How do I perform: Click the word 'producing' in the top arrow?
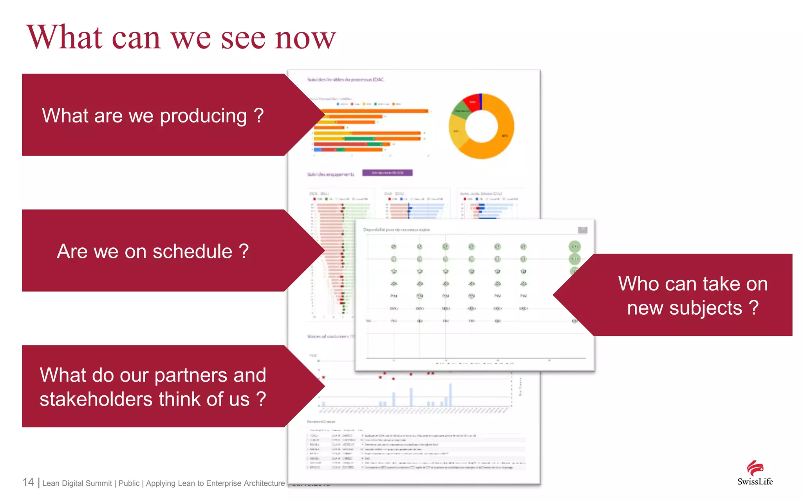204,116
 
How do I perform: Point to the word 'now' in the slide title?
305,38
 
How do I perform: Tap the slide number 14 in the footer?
28,482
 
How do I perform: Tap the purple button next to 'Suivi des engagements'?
387,173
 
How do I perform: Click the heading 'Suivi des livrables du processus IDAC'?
345,79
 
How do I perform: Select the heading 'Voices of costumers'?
330,336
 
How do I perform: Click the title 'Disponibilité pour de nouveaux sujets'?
396,230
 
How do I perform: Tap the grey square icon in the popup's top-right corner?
582,230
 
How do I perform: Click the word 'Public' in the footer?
129,483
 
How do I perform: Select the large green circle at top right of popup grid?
574,247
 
